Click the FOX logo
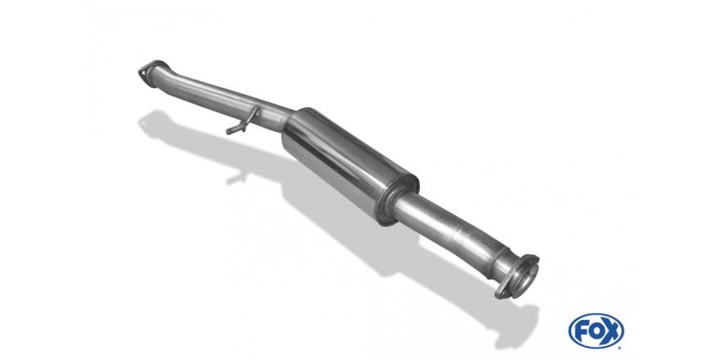click(x=596, y=331)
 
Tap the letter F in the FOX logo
click(x=580, y=331)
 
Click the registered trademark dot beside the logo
click(x=622, y=346)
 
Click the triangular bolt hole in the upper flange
click(x=143, y=72)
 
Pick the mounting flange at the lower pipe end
click(x=517, y=277)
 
